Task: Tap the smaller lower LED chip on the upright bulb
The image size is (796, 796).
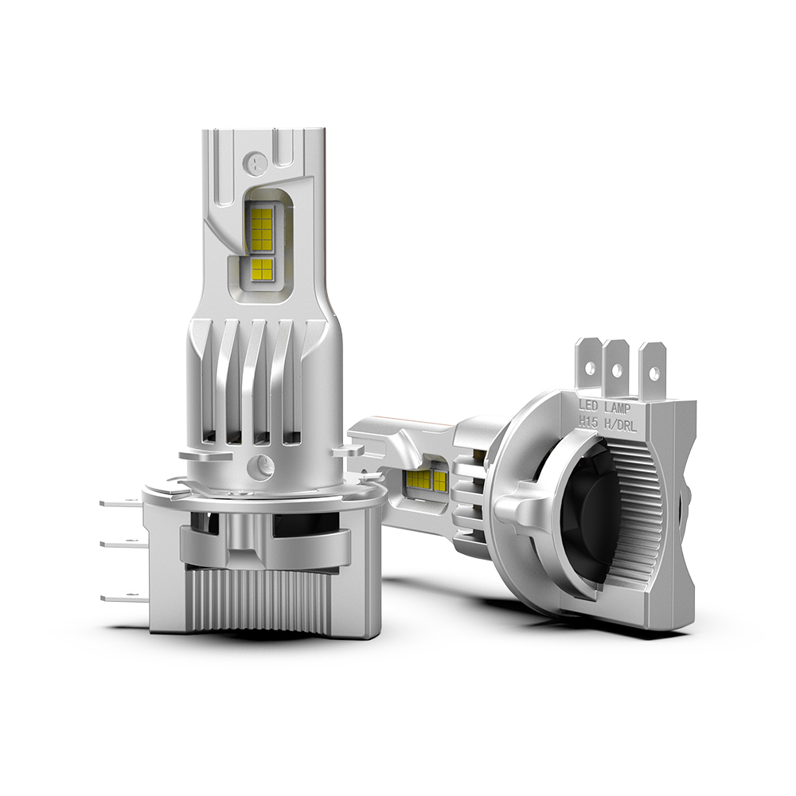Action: [263, 269]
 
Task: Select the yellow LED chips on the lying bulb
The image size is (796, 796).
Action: [428, 479]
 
